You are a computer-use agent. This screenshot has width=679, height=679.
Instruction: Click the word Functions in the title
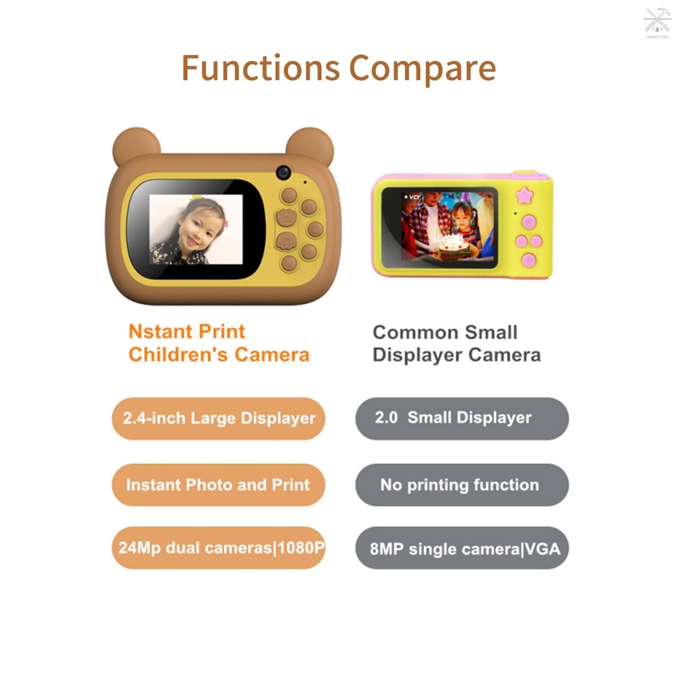(x=261, y=68)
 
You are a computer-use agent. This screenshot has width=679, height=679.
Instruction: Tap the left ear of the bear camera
(x=135, y=146)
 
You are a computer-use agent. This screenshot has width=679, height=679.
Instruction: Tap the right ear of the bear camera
(x=310, y=145)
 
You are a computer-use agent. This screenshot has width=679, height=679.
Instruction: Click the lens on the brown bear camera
(x=284, y=172)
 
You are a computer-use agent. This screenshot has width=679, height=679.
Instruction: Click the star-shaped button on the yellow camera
(x=525, y=196)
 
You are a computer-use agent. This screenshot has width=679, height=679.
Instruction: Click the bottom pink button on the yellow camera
(x=528, y=260)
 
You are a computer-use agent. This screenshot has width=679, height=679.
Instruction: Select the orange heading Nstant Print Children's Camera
(x=218, y=343)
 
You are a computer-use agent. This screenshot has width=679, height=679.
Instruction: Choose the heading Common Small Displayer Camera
(x=456, y=343)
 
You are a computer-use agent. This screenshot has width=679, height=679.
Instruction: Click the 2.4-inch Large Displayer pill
(x=218, y=418)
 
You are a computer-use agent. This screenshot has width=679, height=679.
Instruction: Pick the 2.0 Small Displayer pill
(x=462, y=418)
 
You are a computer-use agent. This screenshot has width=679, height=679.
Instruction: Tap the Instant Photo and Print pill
(x=218, y=485)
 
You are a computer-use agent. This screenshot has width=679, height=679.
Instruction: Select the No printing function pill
(x=462, y=485)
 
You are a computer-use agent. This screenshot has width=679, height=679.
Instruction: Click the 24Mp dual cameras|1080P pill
(x=218, y=548)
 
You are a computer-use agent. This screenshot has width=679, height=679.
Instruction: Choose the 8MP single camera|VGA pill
(x=462, y=548)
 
